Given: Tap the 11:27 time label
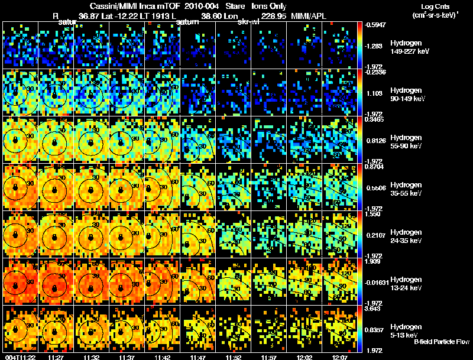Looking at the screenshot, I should pos(56,356).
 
